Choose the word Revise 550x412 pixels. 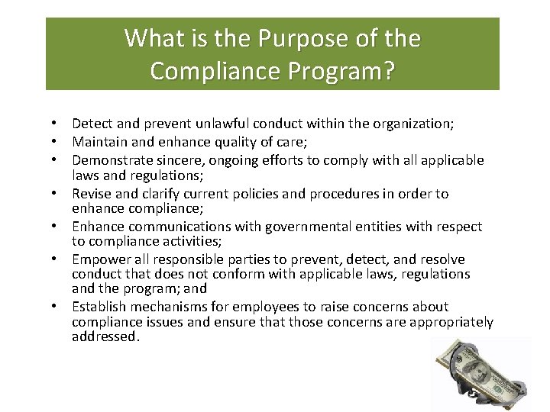[90, 194]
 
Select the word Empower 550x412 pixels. [98, 260]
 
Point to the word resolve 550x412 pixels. [439, 260]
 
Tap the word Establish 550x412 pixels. [99, 307]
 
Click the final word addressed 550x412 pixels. [106, 336]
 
